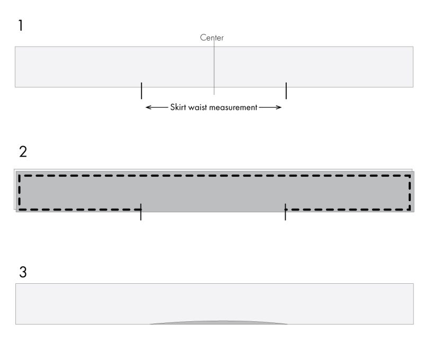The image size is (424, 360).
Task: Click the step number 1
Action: pyautogui.click(x=21, y=25)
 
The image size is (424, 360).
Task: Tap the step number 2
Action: pyautogui.click(x=23, y=152)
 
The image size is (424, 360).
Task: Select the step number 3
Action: pyautogui.click(x=23, y=272)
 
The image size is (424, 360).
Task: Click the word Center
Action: pyautogui.click(x=211, y=38)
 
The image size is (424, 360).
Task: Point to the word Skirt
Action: pyautogui.click(x=178, y=107)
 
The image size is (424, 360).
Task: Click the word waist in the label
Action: pyautogui.click(x=197, y=107)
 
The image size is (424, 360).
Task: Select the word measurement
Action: pyautogui.click(x=232, y=107)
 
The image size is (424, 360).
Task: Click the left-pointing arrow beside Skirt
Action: pyautogui.click(x=157, y=107)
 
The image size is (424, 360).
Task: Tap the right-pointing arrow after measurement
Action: pyautogui.click(x=270, y=107)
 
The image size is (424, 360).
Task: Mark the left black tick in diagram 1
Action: pyautogui.click(x=142, y=91)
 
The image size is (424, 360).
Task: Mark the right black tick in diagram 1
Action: pyautogui.click(x=286, y=91)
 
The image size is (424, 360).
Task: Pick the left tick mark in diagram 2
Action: pyautogui.click(x=141, y=212)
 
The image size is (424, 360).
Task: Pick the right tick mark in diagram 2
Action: pyautogui.click(x=285, y=212)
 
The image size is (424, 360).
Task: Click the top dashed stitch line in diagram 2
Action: pyautogui.click(x=215, y=176)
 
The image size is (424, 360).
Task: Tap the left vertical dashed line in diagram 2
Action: pyautogui.click(x=20, y=192)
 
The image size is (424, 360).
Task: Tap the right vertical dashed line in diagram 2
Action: pyautogui.click(x=410, y=192)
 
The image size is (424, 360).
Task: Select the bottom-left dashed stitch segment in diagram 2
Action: pyautogui.click(x=80, y=209)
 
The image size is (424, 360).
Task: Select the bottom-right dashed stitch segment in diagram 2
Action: pyautogui.click(x=348, y=209)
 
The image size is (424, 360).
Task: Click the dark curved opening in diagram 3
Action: pyautogui.click(x=218, y=322)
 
